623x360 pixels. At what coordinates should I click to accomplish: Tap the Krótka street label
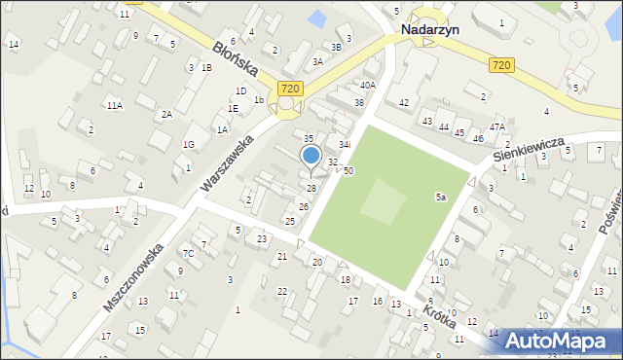pos(443,325)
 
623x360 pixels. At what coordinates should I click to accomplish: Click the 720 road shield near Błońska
pos(289,89)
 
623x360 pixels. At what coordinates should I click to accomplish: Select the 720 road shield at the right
pos(501,64)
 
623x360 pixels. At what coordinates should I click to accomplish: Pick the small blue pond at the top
pos(317,17)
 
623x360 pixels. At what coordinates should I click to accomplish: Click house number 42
pos(403,102)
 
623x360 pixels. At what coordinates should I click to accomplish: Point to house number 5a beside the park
pos(440,197)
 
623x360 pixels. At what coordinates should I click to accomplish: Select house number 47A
pos(497,126)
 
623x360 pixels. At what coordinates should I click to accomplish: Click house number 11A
pos(115,105)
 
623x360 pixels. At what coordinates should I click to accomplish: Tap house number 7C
pos(189,254)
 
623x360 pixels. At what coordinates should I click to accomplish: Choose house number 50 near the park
pos(348,170)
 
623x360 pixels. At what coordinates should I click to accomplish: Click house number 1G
pos(189,145)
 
